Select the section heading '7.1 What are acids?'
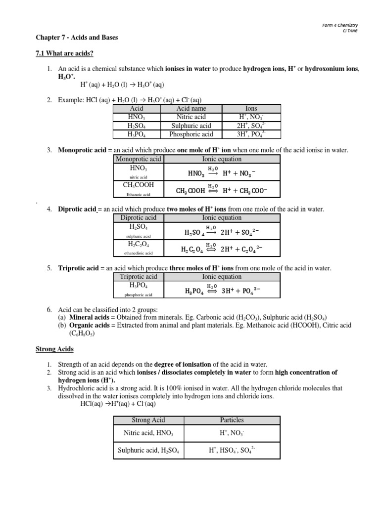coord(62,53)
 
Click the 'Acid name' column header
coord(191,109)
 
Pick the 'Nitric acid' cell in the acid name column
coord(191,117)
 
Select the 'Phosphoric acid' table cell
coord(191,134)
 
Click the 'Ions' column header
coord(251,109)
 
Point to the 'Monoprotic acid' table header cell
coord(138,159)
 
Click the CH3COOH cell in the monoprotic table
coord(138,185)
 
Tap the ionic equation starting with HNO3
coord(221,172)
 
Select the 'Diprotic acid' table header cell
coord(138,218)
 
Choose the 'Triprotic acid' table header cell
coord(138,277)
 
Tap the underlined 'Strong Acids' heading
coord(54,349)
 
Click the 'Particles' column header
coord(232,420)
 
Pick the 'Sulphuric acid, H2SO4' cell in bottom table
coord(148,451)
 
